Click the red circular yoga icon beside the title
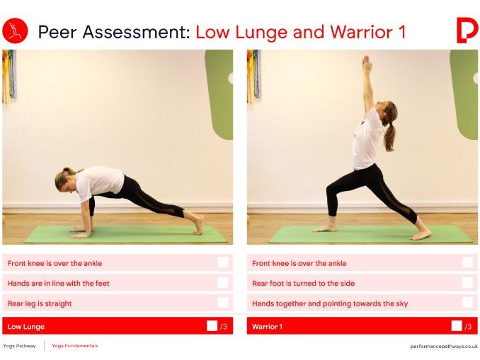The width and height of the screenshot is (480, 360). click(x=15, y=31)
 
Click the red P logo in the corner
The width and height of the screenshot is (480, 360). click(x=467, y=30)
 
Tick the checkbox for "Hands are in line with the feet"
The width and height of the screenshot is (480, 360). click(x=223, y=283)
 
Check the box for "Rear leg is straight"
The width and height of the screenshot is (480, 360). click(x=223, y=303)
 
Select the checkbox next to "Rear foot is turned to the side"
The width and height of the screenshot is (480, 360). click(x=467, y=283)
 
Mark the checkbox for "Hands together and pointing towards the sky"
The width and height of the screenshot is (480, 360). click(x=467, y=303)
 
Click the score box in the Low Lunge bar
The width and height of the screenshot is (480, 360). click(x=212, y=326)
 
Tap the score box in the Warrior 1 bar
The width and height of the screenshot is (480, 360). click(x=456, y=326)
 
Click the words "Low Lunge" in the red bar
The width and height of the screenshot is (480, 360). click(x=26, y=327)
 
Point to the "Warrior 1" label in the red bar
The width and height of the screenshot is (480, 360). click(x=267, y=327)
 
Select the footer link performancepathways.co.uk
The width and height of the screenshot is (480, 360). click(x=444, y=346)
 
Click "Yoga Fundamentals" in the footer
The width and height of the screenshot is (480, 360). click(x=75, y=346)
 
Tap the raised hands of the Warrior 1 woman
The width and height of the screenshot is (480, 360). click(x=366, y=64)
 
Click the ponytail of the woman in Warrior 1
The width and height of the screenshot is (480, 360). click(x=389, y=135)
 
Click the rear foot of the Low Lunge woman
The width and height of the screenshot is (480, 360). click(x=199, y=224)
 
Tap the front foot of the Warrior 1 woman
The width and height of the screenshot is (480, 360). click(x=326, y=228)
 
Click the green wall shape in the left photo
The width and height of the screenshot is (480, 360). click(x=219, y=92)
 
